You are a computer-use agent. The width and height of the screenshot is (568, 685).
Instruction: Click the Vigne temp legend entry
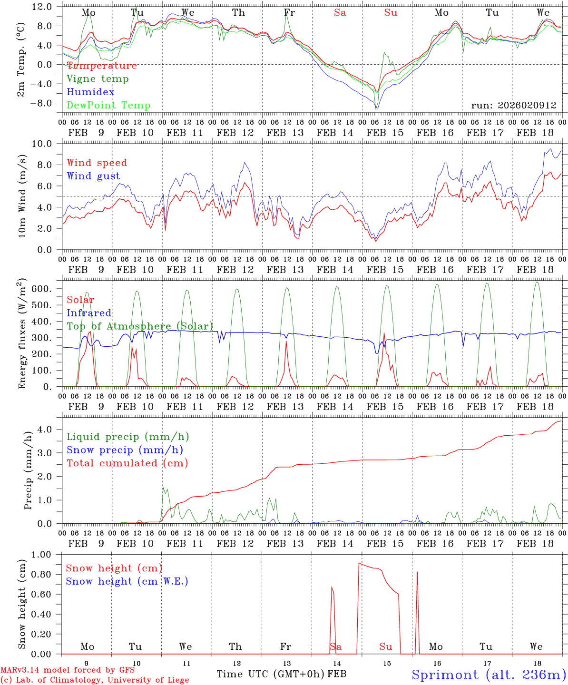[x=98, y=79]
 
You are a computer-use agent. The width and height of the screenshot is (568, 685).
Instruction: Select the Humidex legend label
[x=90, y=92]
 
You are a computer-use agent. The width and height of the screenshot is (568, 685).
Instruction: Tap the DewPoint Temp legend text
[x=108, y=106]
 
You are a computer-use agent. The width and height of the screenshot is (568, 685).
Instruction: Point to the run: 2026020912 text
[x=514, y=106]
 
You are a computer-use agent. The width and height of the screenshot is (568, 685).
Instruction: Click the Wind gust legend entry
[x=93, y=176]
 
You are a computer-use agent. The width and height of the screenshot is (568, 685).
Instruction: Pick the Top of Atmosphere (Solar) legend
[x=139, y=326]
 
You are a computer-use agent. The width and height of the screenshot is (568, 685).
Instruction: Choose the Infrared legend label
[x=89, y=313]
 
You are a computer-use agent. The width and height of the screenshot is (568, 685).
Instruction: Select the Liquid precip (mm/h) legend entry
[x=127, y=437]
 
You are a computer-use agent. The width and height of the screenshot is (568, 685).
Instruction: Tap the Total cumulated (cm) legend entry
[x=127, y=463]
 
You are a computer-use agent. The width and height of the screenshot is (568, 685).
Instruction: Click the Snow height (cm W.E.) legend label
[x=127, y=581]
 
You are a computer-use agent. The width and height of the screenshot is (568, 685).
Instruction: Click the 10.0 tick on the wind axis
[x=44, y=144]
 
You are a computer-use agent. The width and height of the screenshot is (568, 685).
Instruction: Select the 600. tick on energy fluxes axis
[x=42, y=289]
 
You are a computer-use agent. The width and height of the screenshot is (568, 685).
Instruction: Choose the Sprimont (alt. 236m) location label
[x=489, y=675]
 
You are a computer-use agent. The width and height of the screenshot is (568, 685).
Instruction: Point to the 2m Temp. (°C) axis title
[x=21, y=65]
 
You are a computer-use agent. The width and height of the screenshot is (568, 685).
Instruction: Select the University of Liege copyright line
[x=95, y=680]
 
